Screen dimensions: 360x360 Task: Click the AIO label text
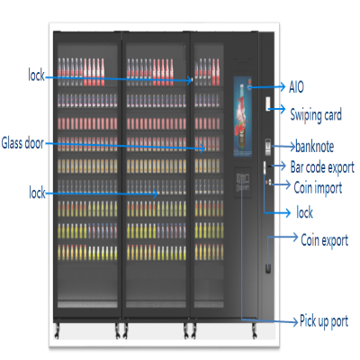(x=296, y=87)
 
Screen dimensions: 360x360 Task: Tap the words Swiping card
(x=316, y=115)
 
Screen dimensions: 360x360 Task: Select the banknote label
(x=314, y=147)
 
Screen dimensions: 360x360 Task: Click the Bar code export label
(x=322, y=167)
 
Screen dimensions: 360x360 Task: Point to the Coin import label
(x=318, y=188)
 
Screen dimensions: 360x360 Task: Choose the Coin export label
(x=324, y=240)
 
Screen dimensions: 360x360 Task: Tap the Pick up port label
(x=324, y=321)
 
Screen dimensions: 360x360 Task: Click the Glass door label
(x=22, y=143)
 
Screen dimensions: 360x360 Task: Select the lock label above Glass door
(x=36, y=75)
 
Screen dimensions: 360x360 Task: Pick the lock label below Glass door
(x=37, y=193)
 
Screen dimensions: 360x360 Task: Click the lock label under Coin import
(x=304, y=212)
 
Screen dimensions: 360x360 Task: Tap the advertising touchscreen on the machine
(x=243, y=116)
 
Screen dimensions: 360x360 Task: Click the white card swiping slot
(x=267, y=103)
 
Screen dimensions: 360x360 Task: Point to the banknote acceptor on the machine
(x=267, y=147)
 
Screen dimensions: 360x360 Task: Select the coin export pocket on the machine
(x=268, y=268)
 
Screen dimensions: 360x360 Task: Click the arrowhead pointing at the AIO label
(x=283, y=86)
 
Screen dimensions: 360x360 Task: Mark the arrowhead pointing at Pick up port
(x=294, y=322)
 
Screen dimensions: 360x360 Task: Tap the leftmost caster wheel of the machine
(x=57, y=331)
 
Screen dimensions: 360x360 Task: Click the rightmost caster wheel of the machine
(x=255, y=331)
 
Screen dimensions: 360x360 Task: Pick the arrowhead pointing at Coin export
(x=295, y=237)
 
